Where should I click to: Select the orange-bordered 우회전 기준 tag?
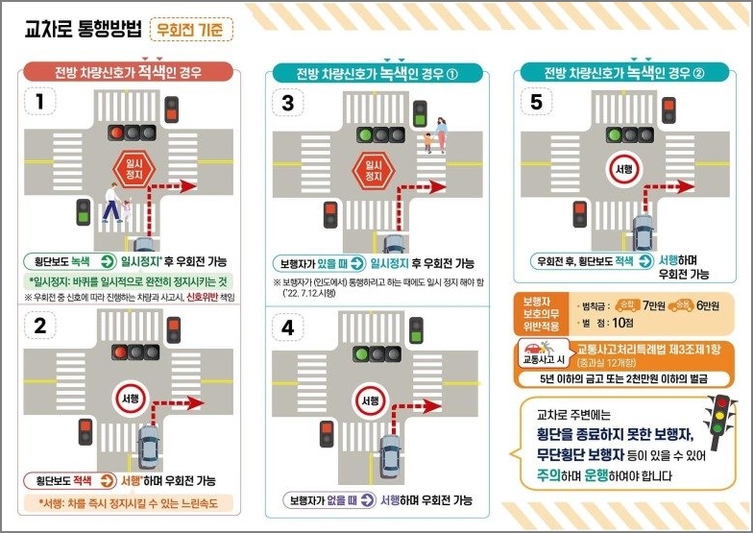(x=197, y=30)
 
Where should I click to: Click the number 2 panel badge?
(x=39, y=325)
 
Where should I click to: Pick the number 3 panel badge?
(x=287, y=102)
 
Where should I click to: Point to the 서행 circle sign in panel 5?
(x=622, y=168)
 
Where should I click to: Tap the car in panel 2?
(x=149, y=447)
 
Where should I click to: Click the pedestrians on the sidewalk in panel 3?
(x=435, y=136)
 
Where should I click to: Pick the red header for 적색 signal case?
(x=128, y=72)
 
